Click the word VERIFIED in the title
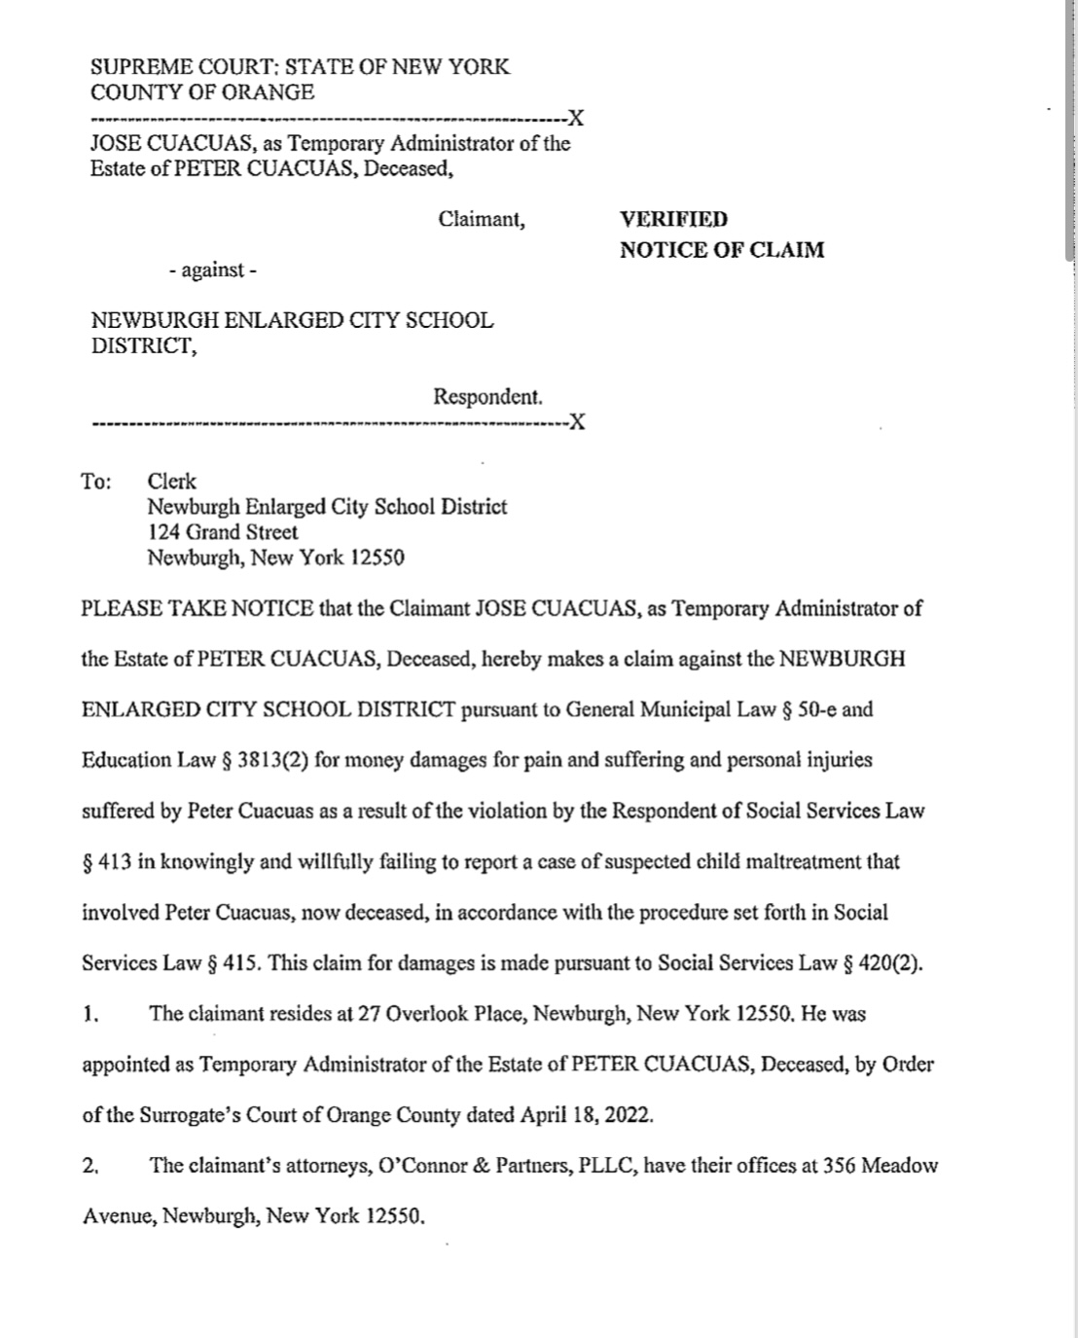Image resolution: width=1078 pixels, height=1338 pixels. (x=673, y=219)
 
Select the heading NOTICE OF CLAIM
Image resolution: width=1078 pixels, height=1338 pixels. (x=722, y=250)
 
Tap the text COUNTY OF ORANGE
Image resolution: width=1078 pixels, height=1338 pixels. (x=202, y=92)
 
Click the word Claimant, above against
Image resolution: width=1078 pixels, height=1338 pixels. (x=482, y=219)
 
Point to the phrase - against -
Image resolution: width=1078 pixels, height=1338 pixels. (x=212, y=270)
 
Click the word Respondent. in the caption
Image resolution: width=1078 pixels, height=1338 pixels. (x=487, y=397)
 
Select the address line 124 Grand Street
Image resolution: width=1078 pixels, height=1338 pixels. (x=223, y=532)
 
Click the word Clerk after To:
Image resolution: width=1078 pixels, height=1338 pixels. (x=171, y=482)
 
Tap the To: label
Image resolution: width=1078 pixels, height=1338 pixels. (x=96, y=482)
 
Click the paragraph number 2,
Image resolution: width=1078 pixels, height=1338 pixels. (x=91, y=1166)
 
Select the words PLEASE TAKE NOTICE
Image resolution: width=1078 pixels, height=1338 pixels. (x=198, y=609)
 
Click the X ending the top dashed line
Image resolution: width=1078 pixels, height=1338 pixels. (x=576, y=119)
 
